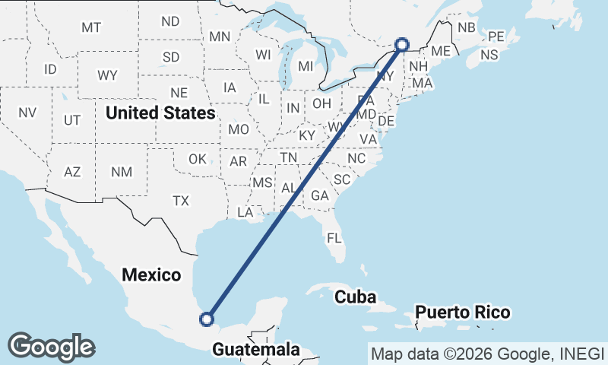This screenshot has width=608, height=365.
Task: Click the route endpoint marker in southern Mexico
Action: tap(206, 319)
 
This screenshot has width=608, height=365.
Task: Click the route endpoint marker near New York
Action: tap(402, 44)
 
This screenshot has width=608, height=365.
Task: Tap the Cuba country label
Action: tap(356, 297)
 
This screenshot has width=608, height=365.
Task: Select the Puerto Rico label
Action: tap(463, 313)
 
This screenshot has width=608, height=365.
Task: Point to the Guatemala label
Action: tap(255, 350)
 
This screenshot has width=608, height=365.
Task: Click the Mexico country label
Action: tap(150, 275)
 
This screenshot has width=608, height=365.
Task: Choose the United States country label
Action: tap(160, 113)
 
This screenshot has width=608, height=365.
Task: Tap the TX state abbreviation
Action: tap(180, 201)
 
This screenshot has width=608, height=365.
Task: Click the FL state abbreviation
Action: tap(335, 238)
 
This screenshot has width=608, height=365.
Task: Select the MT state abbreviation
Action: tap(91, 27)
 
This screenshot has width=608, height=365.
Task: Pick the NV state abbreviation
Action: tap(27, 113)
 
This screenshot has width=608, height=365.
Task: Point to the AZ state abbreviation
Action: tap(72, 172)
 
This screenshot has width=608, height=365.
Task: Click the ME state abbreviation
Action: tap(441, 51)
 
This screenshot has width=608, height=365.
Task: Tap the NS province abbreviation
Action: tap(489, 55)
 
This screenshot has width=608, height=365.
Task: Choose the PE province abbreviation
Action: tap(496, 36)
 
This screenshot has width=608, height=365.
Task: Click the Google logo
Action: tap(51, 346)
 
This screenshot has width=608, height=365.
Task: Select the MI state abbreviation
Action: tap(306, 66)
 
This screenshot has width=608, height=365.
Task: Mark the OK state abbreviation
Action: tap(198, 159)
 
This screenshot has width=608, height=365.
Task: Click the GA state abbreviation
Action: tap(319, 195)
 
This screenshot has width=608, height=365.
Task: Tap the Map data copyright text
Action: tap(487, 353)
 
